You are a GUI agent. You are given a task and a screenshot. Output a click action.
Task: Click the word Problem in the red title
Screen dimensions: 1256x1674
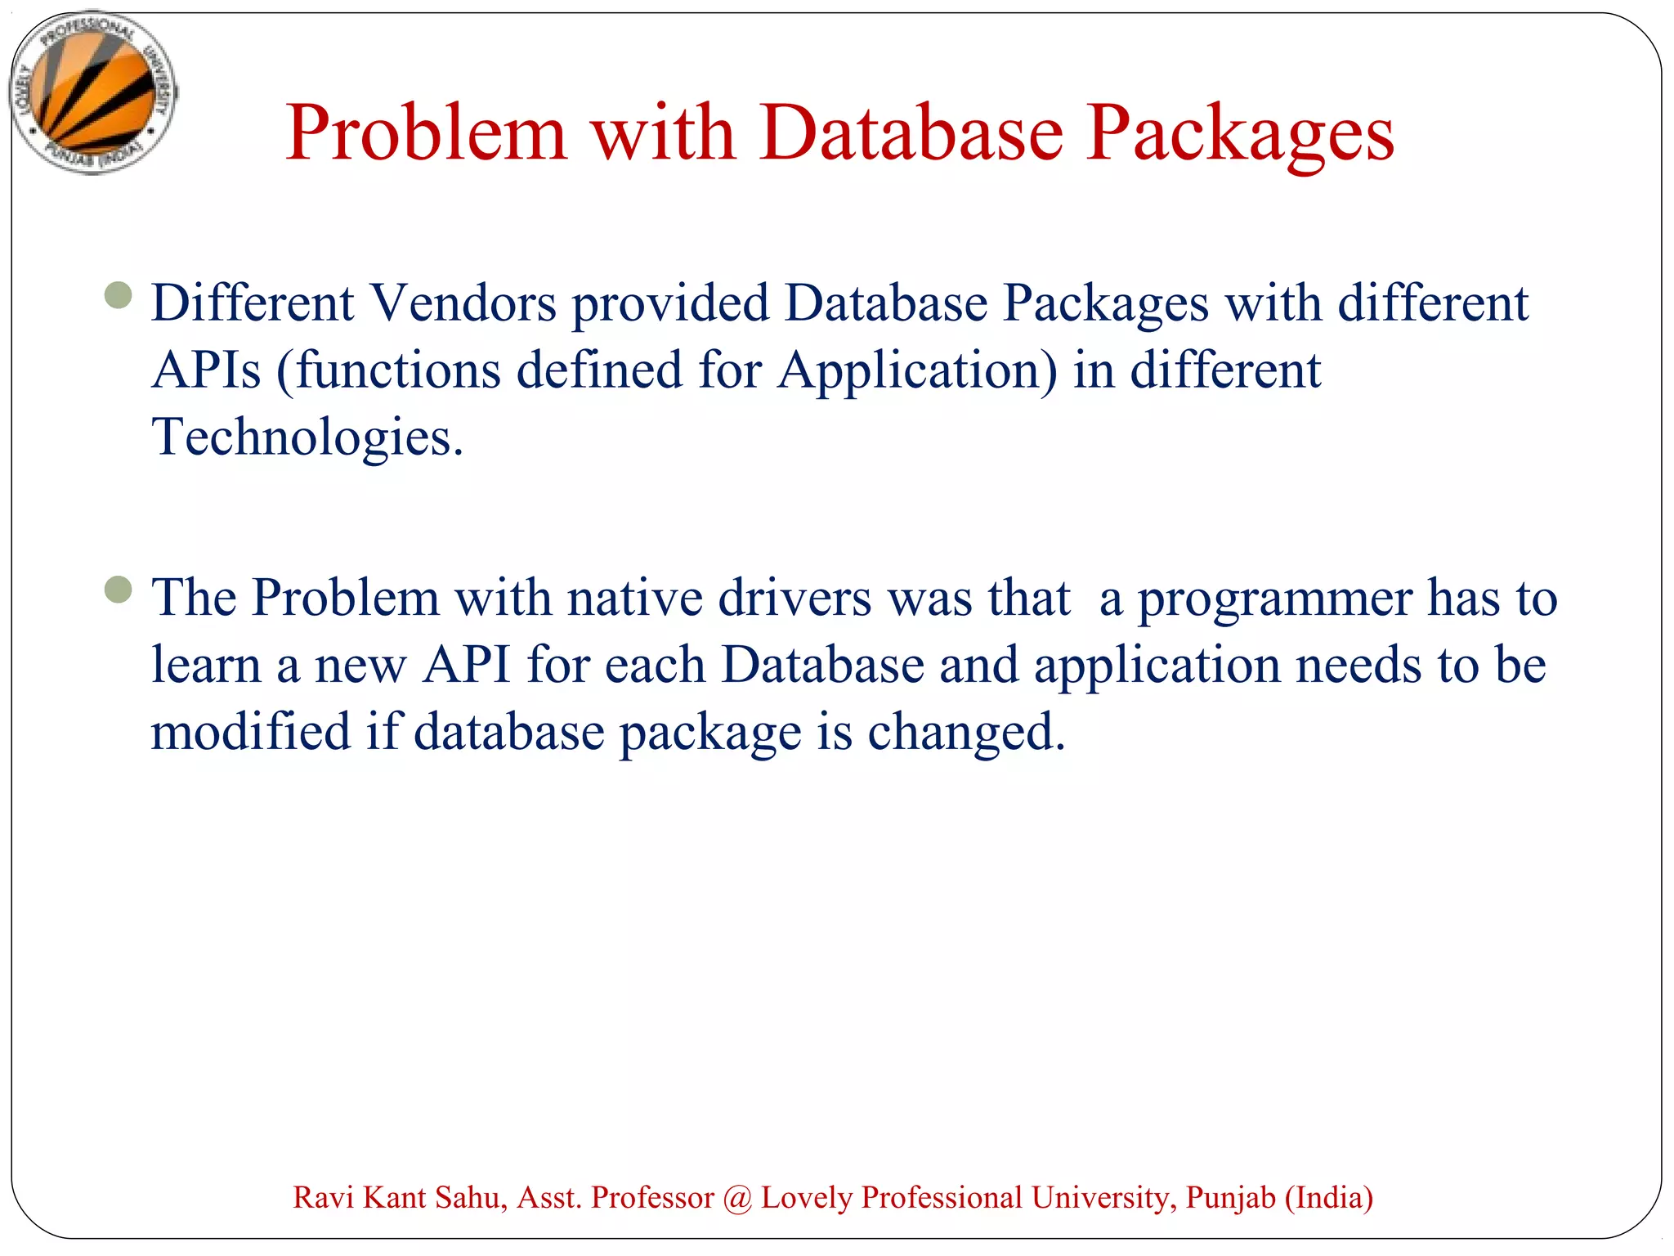tap(426, 132)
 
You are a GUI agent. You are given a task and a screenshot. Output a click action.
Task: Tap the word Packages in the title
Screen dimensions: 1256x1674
tap(1240, 132)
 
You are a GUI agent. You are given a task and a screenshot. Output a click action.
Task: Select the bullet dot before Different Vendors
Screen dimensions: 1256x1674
tap(119, 295)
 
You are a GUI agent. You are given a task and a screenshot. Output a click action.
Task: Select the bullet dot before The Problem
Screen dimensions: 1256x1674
tap(119, 590)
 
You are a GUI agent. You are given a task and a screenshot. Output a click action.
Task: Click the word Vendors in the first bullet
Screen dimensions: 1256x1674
tap(463, 303)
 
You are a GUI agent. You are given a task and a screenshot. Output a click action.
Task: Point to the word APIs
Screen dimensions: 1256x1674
tap(206, 370)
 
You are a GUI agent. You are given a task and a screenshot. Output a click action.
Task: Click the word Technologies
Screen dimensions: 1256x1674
tap(307, 437)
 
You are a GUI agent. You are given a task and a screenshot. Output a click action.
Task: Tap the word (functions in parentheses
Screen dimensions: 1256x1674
tap(388, 370)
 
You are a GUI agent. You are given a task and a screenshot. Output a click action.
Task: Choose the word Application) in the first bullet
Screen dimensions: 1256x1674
tap(917, 370)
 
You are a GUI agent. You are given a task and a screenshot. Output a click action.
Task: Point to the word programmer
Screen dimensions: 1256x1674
tap(1275, 599)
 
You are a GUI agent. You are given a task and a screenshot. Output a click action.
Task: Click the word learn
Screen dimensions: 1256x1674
tap(206, 665)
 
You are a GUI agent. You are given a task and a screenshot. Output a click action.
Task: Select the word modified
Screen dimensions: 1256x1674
tap(251, 732)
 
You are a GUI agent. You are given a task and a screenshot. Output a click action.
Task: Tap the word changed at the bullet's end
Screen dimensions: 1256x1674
tap(966, 732)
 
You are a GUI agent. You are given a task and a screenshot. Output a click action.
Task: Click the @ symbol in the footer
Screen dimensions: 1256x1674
tap(737, 1198)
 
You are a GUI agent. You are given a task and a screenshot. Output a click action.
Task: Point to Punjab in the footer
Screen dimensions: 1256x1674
tap(1231, 1198)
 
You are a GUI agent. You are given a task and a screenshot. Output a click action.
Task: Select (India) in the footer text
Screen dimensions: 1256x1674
tap(1329, 1198)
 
